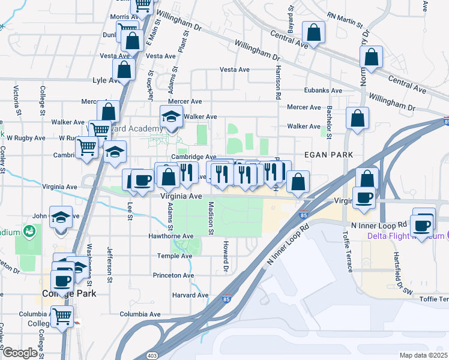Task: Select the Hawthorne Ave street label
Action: click(171, 236)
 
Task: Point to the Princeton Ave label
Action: click(173, 275)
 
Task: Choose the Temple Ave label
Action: click(173, 256)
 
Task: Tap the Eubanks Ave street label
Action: click(322, 91)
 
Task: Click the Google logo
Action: click(20, 353)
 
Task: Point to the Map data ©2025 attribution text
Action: click(424, 355)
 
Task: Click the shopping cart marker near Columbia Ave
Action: click(62, 316)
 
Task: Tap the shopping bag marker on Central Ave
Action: click(313, 32)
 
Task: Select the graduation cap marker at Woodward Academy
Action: click(171, 116)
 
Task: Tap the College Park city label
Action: click(69, 294)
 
